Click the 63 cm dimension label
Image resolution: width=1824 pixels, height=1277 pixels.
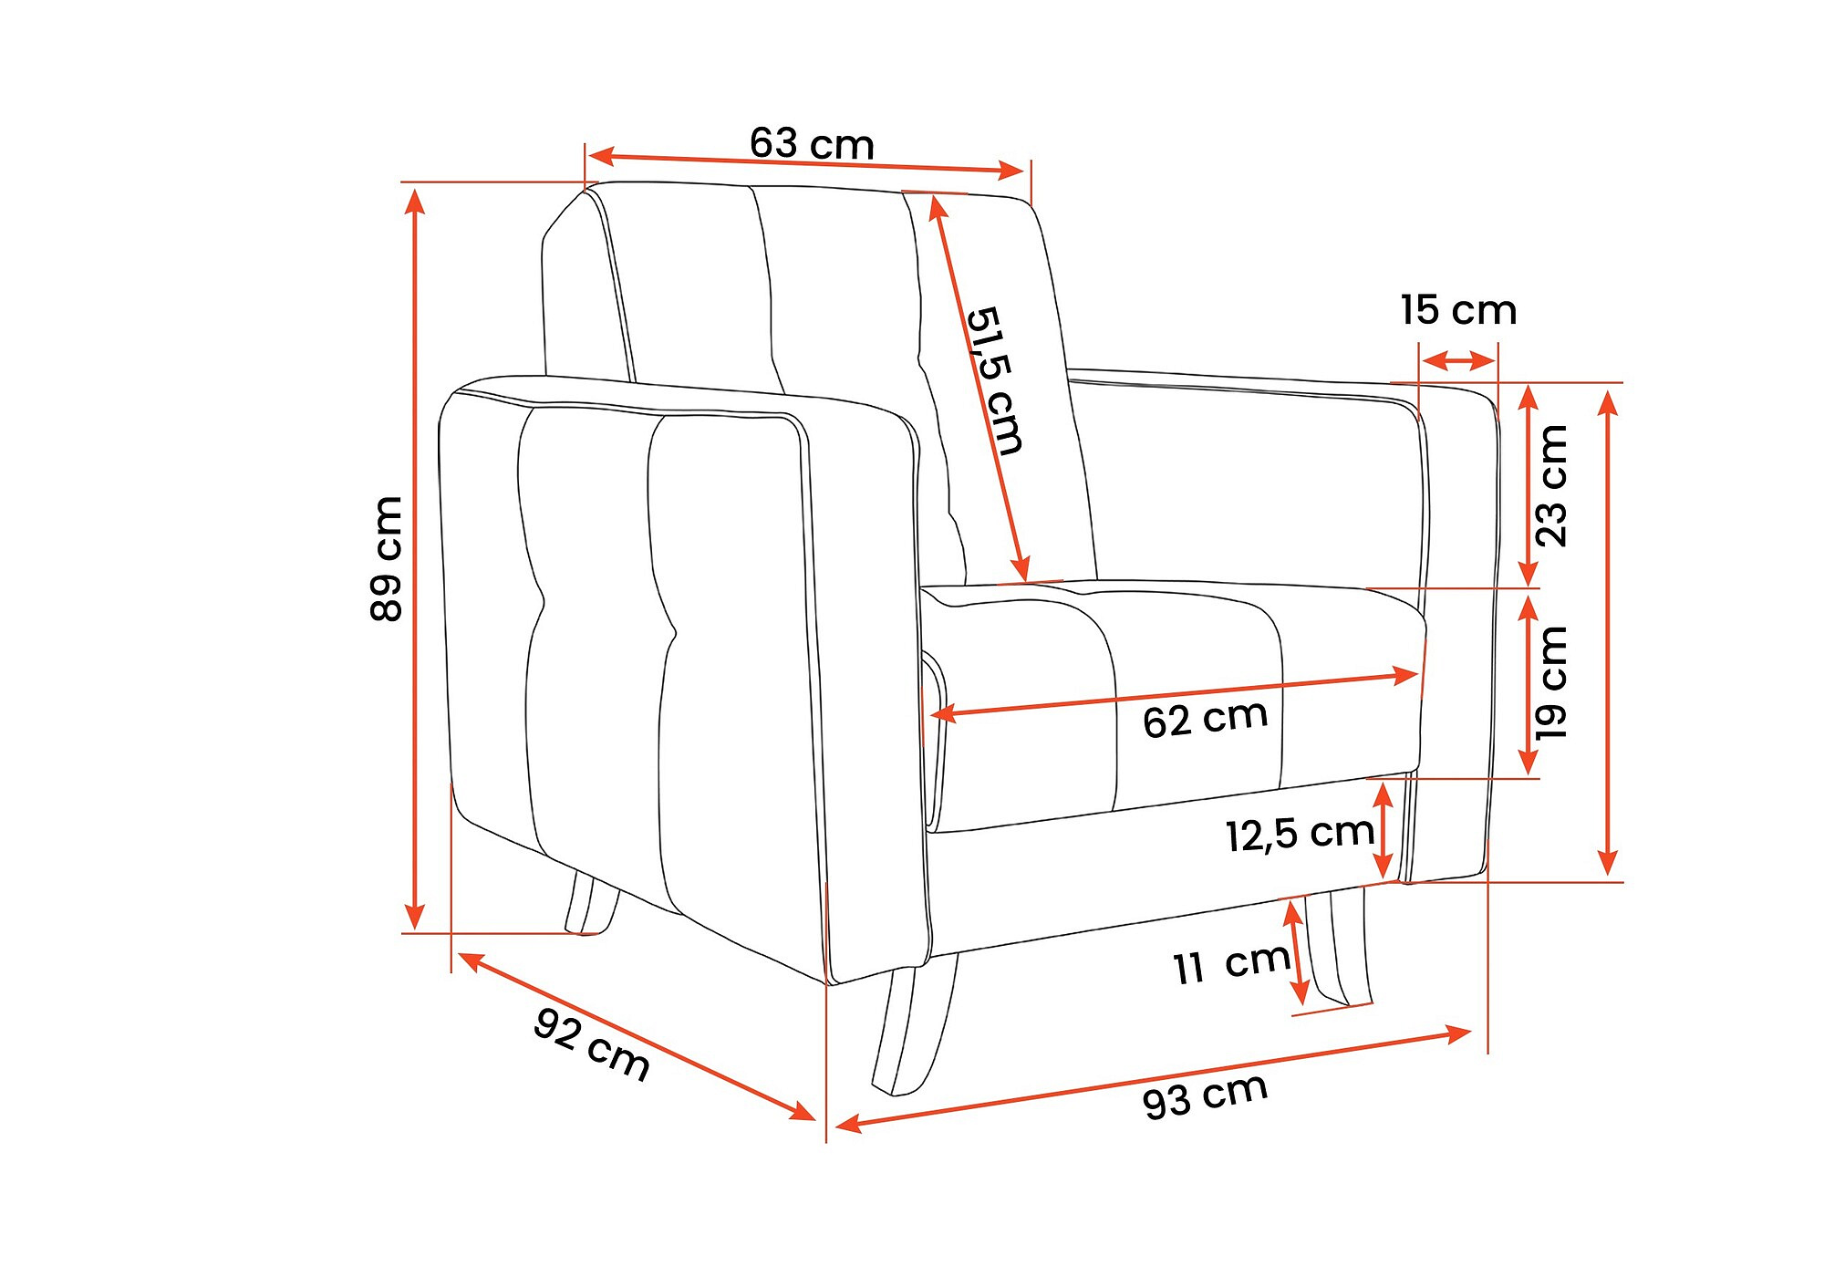coord(812,144)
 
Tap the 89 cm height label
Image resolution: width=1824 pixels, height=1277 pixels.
coord(387,559)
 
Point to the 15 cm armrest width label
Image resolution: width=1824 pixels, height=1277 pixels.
coord(1458,310)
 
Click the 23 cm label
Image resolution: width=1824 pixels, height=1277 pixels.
coord(1550,486)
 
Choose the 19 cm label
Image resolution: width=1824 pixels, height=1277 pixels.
coord(1550,682)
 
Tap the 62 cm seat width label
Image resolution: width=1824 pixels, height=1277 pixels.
coord(1205,719)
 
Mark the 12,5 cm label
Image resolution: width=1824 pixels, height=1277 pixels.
coord(1300,834)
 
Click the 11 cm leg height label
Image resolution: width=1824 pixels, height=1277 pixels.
coord(1231,964)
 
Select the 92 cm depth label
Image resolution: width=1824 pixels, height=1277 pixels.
coord(592,1043)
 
